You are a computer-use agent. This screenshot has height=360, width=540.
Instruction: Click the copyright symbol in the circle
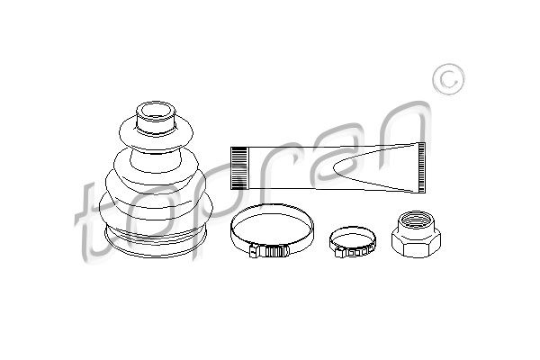click(448, 79)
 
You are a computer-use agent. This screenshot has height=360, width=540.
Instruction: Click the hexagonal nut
click(416, 234)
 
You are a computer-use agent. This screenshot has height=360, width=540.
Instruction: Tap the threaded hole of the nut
click(416, 219)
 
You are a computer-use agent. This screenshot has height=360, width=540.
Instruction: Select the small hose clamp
click(352, 242)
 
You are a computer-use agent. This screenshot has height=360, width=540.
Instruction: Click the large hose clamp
click(272, 230)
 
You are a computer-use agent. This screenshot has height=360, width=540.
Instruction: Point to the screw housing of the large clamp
click(270, 251)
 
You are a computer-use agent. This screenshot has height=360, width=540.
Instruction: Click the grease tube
click(328, 167)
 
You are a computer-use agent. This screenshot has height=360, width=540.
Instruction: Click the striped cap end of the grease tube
click(239, 168)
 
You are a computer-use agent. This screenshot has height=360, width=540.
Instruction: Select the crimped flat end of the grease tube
click(421, 167)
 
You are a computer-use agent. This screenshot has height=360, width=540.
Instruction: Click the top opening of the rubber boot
click(156, 112)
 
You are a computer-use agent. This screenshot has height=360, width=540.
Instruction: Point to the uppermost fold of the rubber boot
click(156, 135)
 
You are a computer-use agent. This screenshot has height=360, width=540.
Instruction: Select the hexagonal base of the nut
click(416, 244)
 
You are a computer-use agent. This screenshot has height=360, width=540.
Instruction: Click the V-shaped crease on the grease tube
click(375, 167)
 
